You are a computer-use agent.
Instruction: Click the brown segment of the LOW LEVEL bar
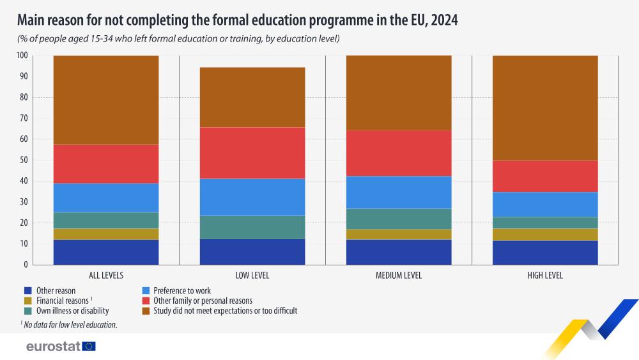pos(252,97)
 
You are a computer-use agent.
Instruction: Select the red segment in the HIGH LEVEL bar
pos(545,176)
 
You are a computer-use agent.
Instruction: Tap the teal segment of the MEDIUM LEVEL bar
pos(399,219)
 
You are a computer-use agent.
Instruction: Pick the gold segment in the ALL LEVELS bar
pos(106,234)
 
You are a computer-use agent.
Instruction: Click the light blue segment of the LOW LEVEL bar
pos(252,197)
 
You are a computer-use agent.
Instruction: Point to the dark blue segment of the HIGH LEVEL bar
pos(545,253)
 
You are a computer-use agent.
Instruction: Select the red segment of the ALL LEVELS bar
pos(106,164)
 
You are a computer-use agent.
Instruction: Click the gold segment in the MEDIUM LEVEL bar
pos(399,235)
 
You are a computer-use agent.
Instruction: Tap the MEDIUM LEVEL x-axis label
pos(399,276)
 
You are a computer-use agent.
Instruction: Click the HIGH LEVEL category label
pos(545,276)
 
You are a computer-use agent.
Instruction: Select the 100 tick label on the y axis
pos(22,56)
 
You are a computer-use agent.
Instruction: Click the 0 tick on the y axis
pos(26,265)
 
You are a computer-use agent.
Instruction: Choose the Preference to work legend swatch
pos(146,291)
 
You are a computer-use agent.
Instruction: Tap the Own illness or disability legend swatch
pos(28,311)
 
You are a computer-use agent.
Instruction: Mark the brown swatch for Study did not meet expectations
pos(146,311)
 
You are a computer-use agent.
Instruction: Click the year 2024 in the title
pos(444,20)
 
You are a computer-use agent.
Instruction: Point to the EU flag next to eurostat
pos(89,347)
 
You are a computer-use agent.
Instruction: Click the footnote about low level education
pos(69,325)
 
